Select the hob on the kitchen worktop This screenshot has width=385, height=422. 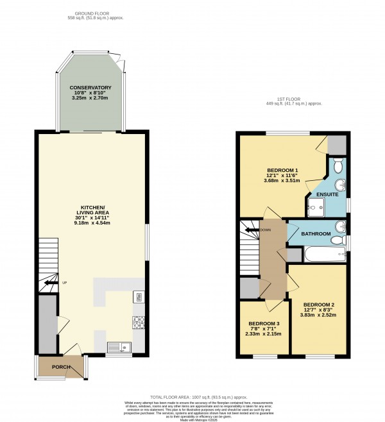pyautogui.click(x=138, y=321)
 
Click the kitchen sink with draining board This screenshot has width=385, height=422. pyautogui.click(x=119, y=348)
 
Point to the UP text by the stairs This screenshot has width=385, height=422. pyautogui.click(x=64, y=282)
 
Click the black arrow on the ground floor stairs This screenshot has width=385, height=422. pyautogui.click(x=49, y=282)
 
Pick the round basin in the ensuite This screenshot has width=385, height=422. pyautogui.click(x=343, y=187)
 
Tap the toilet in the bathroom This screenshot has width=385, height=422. pyautogui.click(x=338, y=240)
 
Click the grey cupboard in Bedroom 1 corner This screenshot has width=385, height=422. pyautogui.click(x=337, y=146)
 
